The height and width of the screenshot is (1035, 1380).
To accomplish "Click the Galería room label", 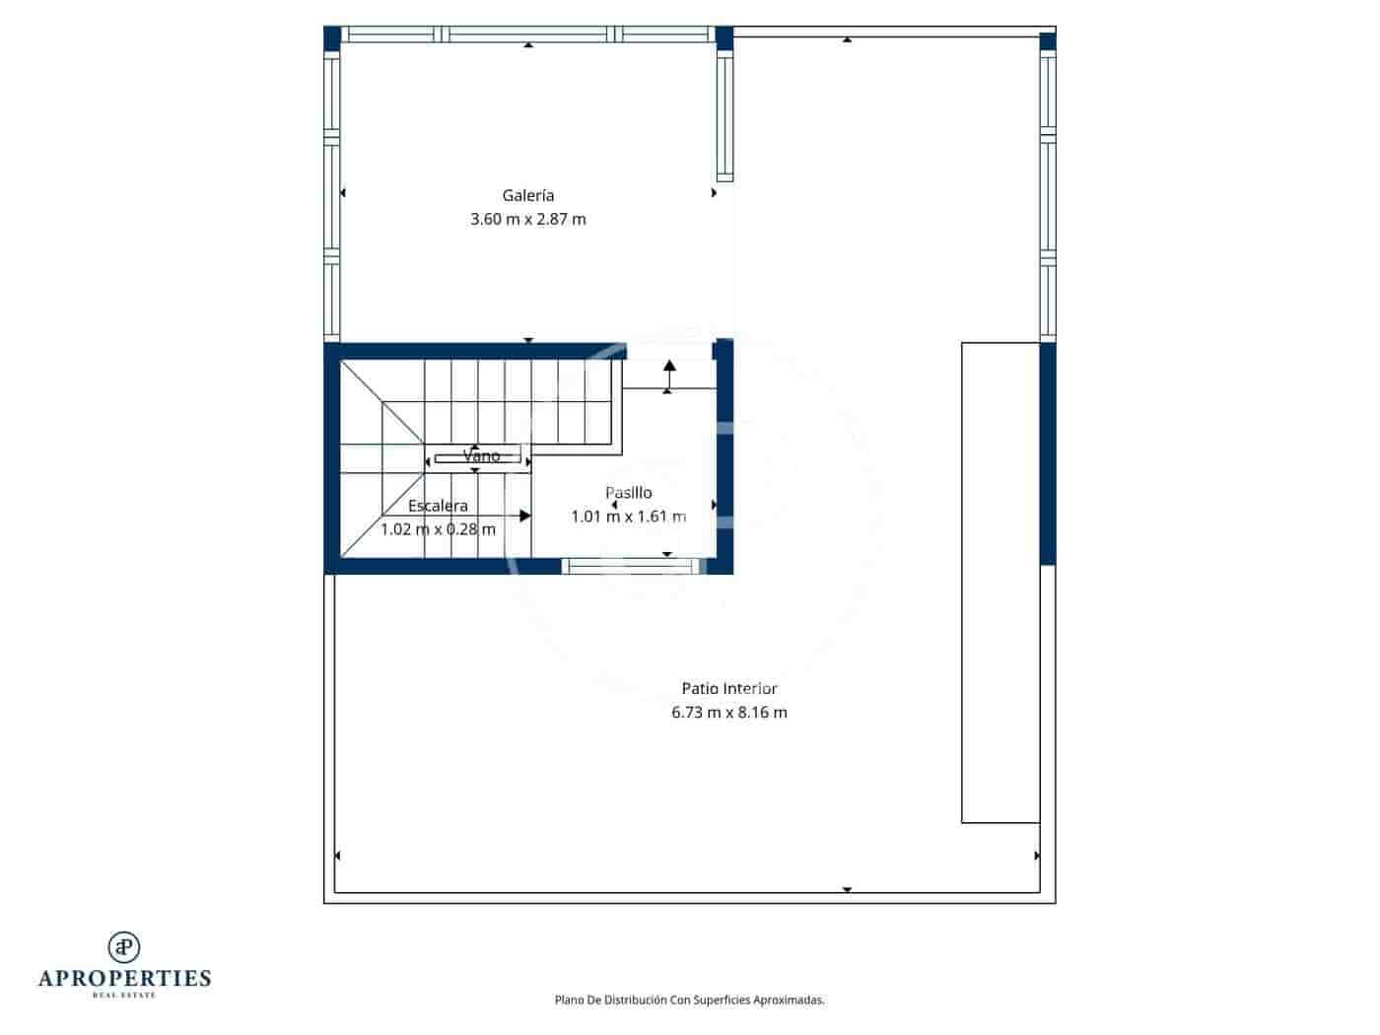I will tap(528, 195).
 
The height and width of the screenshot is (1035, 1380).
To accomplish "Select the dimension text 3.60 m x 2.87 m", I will tap(528, 219).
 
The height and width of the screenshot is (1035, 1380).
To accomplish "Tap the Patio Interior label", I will tap(729, 689).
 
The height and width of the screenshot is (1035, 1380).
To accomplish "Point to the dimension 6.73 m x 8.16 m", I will tap(729, 713).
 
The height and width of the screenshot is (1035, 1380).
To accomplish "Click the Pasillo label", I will tap(628, 493).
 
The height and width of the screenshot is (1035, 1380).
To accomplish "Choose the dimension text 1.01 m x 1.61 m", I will tap(628, 517).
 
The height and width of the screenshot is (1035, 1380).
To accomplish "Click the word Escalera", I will tap(438, 506).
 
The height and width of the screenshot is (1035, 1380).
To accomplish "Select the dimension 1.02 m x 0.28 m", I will tap(438, 529).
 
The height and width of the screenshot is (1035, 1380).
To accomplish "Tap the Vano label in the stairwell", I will tap(481, 455).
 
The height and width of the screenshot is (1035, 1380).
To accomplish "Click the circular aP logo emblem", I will tap(124, 947).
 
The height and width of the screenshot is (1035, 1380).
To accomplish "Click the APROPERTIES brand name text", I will tap(124, 979).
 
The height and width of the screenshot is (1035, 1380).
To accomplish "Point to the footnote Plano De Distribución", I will tap(689, 1000).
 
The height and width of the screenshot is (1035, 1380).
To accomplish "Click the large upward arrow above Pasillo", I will tap(669, 372).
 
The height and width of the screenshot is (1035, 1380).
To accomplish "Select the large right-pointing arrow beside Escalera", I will tap(524, 516).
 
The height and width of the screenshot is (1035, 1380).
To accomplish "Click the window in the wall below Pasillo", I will tap(631, 566).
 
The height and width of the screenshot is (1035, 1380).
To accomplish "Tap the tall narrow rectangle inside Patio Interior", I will tap(1000, 582).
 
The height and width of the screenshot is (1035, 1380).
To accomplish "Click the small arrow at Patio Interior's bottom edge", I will tap(847, 890).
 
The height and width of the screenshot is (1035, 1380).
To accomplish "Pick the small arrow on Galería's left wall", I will tap(343, 193).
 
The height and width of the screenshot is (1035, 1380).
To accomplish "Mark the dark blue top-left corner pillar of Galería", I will tap(332, 37).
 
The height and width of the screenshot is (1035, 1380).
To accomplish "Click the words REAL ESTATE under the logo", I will tap(124, 996).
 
